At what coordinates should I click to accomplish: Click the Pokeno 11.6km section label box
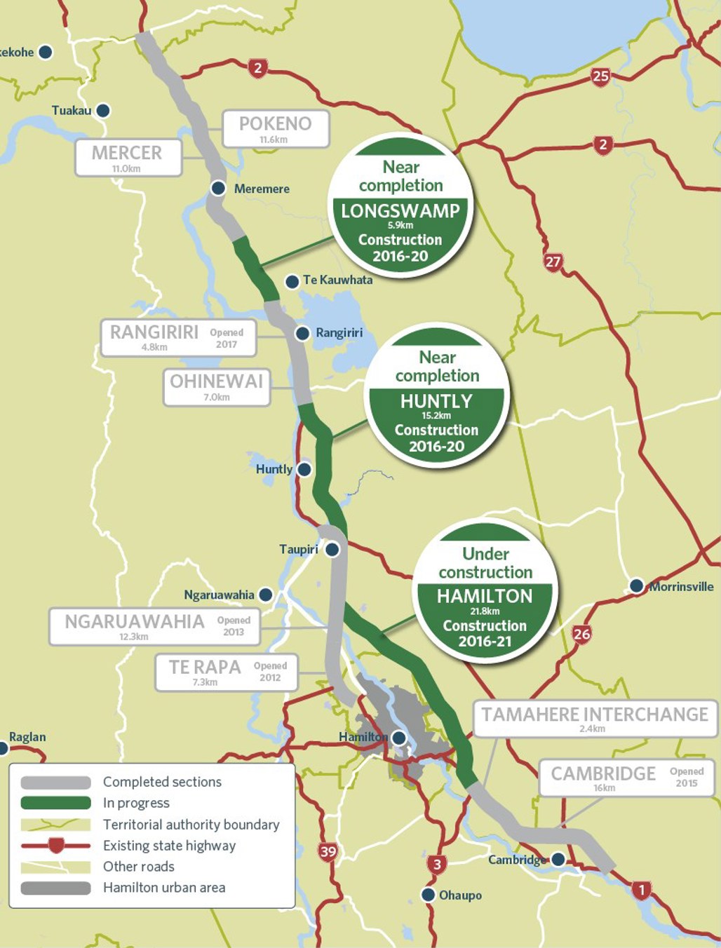coord(276,129)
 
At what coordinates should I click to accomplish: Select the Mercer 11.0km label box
coord(128,158)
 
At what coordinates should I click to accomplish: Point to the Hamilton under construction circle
coord(485,591)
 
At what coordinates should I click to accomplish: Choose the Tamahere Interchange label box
coord(595,719)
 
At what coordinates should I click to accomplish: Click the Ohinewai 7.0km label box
coord(217,387)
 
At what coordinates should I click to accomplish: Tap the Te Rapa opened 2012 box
coord(226,672)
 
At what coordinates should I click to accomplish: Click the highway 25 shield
coord(600,76)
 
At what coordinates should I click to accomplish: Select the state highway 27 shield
coord(553,262)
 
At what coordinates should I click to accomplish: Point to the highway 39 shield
coord(328,852)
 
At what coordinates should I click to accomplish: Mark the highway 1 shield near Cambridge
coord(641,891)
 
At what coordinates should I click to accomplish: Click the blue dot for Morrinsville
coord(636,585)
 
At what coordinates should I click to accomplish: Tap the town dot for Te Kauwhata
coord(292,281)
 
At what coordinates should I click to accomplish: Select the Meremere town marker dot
coord(218,188)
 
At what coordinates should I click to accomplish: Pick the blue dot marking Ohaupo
coord(428,895)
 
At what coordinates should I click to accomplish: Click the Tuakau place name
coord(72,111)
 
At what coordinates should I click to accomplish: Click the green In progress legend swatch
coord(56,803)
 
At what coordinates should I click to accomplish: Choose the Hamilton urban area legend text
coord(164,888)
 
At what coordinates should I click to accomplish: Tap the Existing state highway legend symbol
coord(56,845)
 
